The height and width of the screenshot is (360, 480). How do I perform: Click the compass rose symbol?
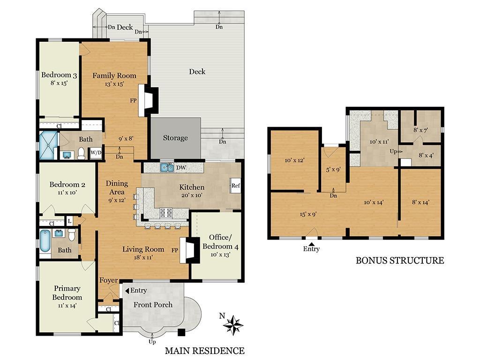tap(233, 324)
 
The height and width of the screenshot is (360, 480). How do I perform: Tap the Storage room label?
tap(175, 138)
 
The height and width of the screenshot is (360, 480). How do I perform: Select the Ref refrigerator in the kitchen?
tap(236, 186)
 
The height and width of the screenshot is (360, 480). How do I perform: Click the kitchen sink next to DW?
tap(166, 167)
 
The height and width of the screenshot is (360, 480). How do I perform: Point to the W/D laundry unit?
tap(96, 152)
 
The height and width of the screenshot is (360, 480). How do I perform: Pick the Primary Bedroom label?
tap(67, 293)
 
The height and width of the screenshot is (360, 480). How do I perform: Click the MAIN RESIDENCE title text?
tap(204, 351)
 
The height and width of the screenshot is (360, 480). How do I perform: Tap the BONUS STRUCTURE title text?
tap(399, 260)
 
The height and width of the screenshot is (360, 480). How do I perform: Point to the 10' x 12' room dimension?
tap(295, 160)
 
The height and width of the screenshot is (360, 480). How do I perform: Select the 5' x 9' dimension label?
tap(333, 170)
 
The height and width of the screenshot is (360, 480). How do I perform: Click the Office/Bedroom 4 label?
tap(217, 242)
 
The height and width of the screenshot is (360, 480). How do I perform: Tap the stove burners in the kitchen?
tap(167, 212)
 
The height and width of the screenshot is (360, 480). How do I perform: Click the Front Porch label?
tap(153, 305)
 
